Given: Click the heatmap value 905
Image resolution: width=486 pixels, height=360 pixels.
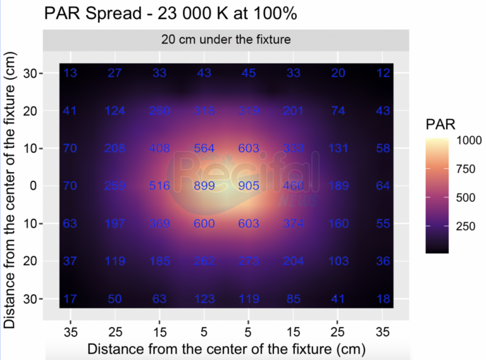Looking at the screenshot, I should pyautogui.click(x=249, y=186).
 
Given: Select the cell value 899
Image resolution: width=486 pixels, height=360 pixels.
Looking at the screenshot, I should pyautogui.click(x=204, y=186).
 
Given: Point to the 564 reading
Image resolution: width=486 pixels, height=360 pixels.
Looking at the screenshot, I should pyautogui.click(x=204, y=149).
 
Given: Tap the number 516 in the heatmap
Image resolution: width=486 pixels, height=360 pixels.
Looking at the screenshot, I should pyautogui.click(x=159, y=186).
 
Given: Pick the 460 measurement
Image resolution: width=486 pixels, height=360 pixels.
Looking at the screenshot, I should pyautogui.click(x=294, y=186).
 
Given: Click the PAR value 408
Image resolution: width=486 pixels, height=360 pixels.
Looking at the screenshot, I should pyautogui.click(x=159, y=149).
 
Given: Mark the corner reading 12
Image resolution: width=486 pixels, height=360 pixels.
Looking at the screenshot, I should pyautogui.click(x=383, y=73).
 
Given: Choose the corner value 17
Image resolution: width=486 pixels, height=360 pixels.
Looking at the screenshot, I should pyautogui.click(x=70, y=299).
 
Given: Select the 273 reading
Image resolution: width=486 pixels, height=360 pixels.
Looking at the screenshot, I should pyautogui.click(x=249, y=261).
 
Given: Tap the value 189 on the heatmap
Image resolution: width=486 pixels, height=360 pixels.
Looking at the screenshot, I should pyautogui.click(x=339, y=186).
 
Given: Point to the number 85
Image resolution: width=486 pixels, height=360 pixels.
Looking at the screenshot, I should pyautogui.click(x=294, y=299).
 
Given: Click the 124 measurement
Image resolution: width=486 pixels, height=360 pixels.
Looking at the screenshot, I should pyautogui.click(x=115, y=111).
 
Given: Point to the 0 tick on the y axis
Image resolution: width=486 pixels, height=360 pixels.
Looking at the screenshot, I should pyautogui.click(x=33, y=186).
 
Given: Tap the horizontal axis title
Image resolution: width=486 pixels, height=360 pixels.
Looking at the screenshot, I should pyautogui.click(x=226, y=348).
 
